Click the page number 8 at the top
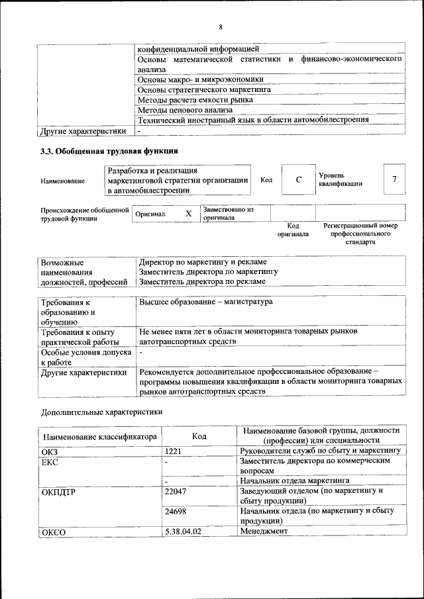(221, 27)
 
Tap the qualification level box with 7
(395, 179)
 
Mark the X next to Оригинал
(188, 214)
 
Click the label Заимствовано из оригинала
(229, 213)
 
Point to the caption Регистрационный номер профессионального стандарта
(360, 234)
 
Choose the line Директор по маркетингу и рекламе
(203, 262)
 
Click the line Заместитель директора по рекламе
(202, 281)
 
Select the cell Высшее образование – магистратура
(206, 302)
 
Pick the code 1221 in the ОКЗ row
(174, 451)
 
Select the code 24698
(176, 511)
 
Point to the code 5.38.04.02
(183, 531)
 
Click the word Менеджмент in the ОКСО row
(264, 531)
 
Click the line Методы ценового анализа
(185, 110)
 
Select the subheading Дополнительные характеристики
(101, 412)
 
